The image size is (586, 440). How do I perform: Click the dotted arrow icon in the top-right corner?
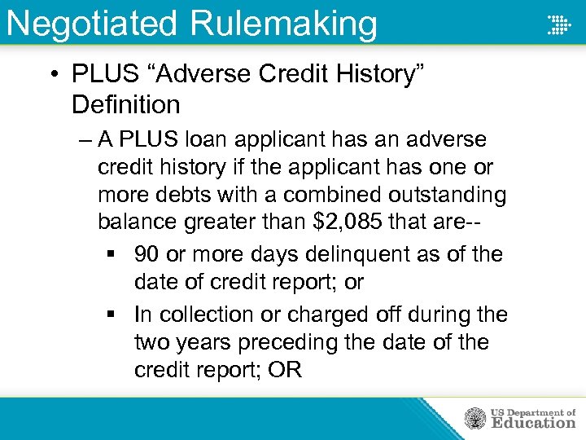[558, 24]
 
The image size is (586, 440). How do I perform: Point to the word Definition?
[125, 105]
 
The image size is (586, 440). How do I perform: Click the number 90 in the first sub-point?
[147, 254]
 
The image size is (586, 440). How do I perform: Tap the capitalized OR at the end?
[284, 370]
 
